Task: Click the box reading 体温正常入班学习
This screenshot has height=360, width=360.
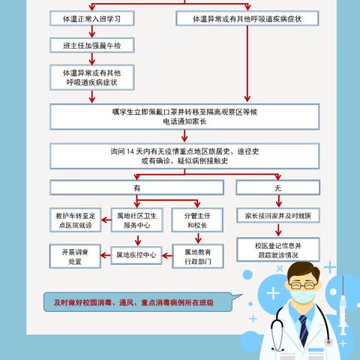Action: [92, 18]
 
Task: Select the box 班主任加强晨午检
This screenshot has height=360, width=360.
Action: [92, 45]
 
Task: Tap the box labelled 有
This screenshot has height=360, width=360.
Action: [136, 187]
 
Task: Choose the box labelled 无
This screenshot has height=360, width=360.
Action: [278, 187]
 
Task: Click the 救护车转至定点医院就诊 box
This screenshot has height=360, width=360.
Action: [76, 220]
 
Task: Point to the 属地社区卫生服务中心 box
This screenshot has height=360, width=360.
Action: [136, 220]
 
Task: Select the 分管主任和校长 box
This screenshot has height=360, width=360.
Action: [197, 220]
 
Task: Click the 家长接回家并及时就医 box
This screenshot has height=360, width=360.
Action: [278, 215]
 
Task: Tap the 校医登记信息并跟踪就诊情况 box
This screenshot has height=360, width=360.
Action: [278, 250]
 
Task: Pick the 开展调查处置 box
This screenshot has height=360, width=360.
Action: [75, 256]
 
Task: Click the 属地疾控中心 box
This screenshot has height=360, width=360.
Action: [136, 255]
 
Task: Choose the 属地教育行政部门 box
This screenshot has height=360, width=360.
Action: [198, 256]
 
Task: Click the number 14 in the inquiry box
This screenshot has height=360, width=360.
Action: [130, 151]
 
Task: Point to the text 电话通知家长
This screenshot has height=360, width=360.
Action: [184, 121]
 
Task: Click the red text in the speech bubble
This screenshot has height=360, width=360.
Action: [133, 303]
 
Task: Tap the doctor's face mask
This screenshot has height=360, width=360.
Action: [303, 295]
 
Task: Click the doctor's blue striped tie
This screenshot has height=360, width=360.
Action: [304, 331]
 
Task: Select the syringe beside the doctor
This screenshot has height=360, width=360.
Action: [343, 309]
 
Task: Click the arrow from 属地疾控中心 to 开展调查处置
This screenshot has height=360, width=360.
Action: [105, 256]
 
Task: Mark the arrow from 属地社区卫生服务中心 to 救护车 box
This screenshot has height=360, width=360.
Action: [106, 220]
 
